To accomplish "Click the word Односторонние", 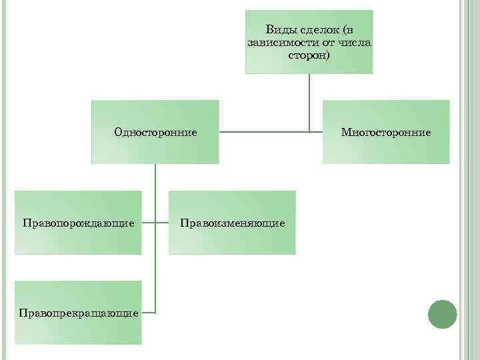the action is (155, 132).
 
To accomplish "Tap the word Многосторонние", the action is (386, 132).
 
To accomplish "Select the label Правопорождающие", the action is (79, 222).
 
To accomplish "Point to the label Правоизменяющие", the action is (232, 222).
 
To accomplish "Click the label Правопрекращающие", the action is (79, 312).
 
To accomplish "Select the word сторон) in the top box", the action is (309, 55).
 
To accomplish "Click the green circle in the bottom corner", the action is (442, 314).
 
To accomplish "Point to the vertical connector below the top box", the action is (309, 100).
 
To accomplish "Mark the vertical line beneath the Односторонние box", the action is (155, 200).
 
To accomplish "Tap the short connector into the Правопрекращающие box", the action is (149, 312).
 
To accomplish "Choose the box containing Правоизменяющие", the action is (232, 240).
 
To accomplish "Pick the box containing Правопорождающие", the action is (79, 240).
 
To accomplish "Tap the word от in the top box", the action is (325, 42).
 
